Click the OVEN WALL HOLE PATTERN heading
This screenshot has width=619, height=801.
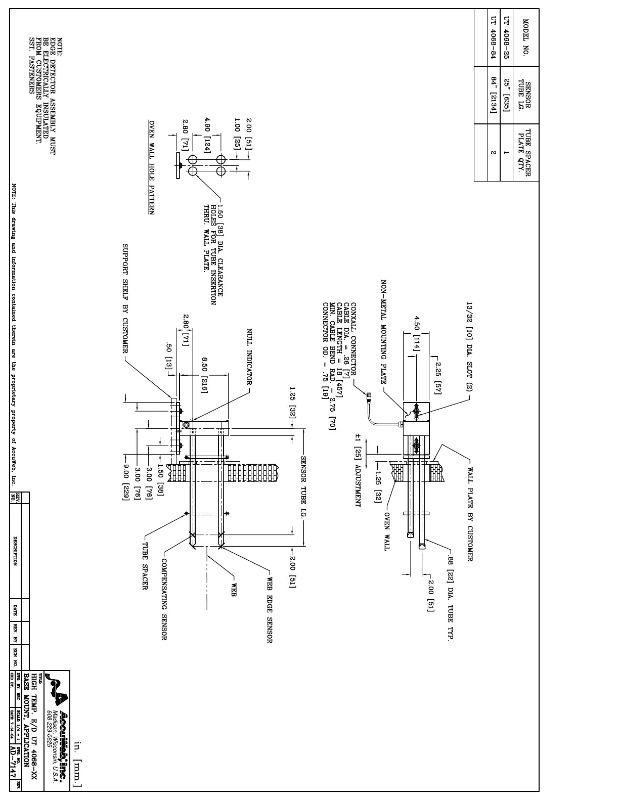click(151, 167)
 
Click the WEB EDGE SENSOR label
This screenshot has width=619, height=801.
click(269, 610)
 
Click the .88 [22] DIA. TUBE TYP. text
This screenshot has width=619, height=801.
click(450, 598)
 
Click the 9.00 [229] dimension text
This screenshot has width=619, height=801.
click(125, 482)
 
